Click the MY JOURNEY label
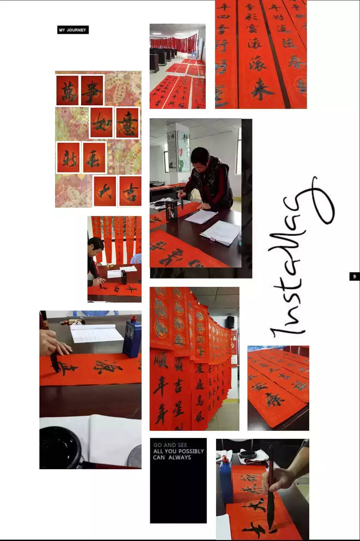(72, 30)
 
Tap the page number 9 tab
(354, 276)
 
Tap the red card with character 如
(102, 123)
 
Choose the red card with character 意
(127, 123)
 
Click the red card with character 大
(105, 191)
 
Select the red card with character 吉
(130, 191)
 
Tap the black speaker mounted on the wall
(230, 322)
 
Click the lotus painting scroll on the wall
(184, 152)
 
